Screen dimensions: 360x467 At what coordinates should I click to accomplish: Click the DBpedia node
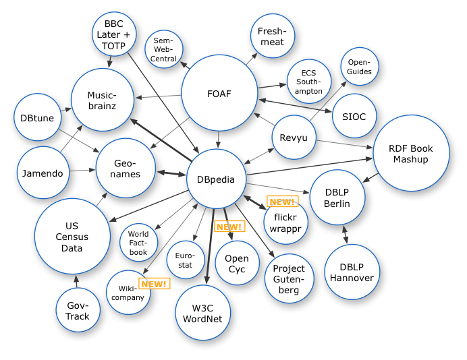216,179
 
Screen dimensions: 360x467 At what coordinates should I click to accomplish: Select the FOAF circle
219,94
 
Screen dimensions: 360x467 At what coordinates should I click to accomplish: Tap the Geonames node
127,169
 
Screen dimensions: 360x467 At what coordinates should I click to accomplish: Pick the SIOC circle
354,117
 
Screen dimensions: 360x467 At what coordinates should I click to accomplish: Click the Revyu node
294,139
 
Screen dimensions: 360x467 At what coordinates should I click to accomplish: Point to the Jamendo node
43,173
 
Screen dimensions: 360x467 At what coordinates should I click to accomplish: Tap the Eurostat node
184,260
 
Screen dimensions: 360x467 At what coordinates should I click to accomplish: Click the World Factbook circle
138,243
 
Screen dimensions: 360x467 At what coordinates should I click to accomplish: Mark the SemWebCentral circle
164,49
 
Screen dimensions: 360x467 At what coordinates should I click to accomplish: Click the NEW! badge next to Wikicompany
154,284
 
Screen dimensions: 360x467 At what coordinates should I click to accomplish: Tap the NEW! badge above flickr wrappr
282,202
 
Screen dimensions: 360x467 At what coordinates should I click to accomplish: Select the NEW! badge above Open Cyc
229,227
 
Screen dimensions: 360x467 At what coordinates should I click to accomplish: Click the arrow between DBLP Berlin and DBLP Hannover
346,234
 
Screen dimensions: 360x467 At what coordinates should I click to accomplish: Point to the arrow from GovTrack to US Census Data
76,281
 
